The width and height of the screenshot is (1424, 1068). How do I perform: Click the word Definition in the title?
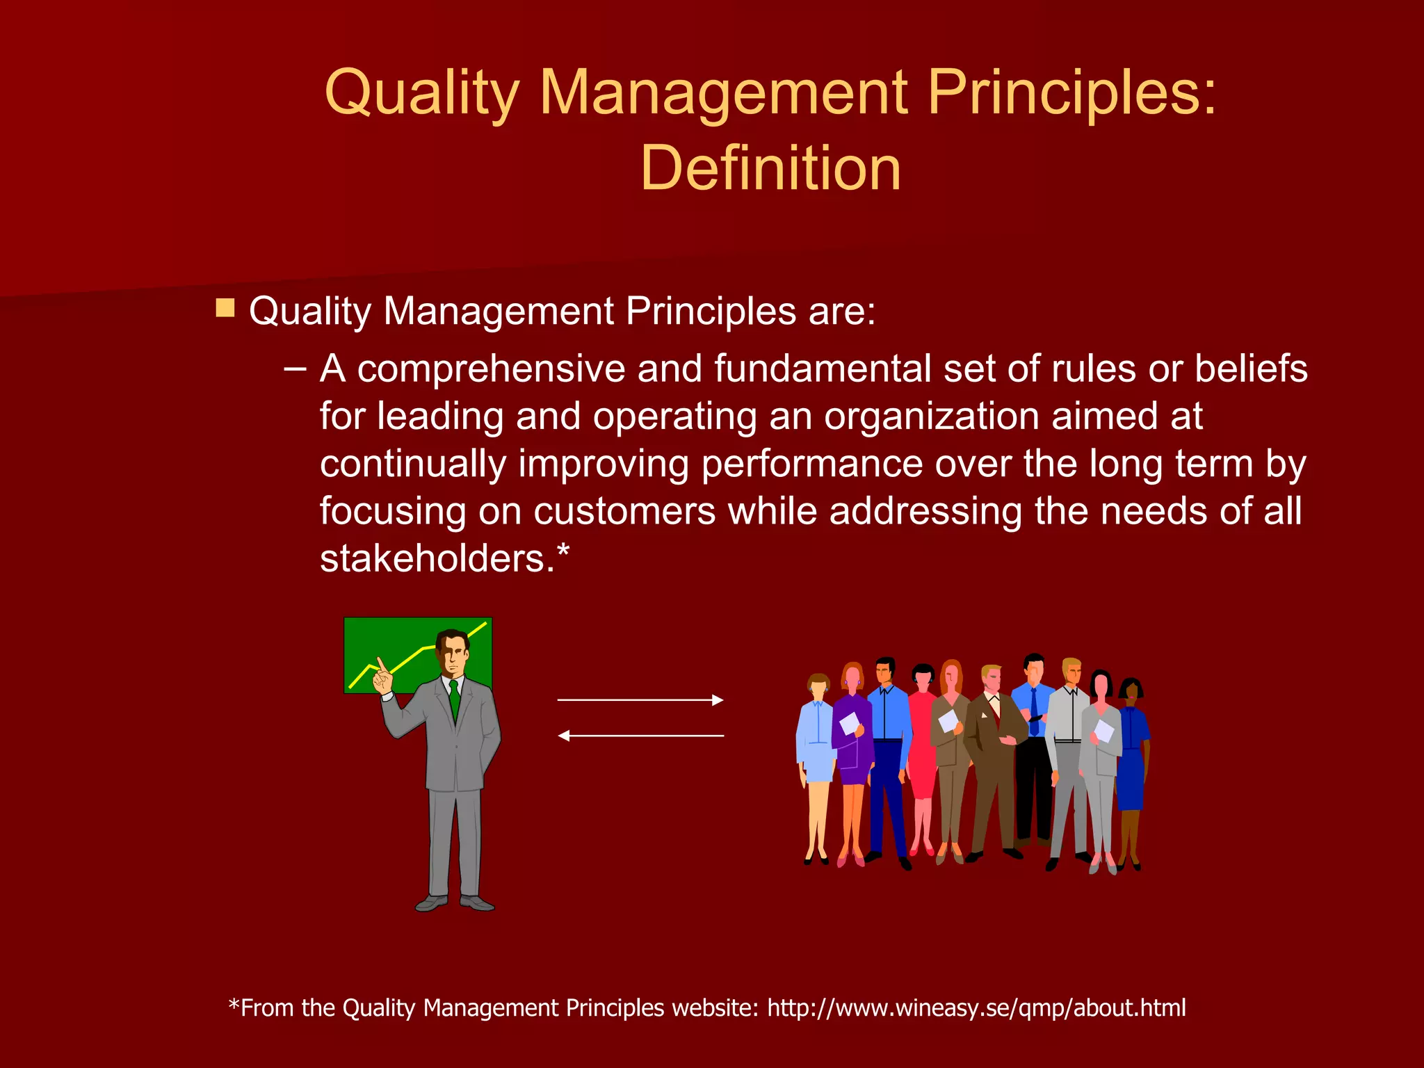point(770,168)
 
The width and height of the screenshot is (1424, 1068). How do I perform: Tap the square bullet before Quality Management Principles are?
point(225,308)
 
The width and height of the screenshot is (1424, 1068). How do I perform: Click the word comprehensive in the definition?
point(492,369)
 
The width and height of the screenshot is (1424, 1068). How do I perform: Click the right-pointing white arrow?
point(640,700)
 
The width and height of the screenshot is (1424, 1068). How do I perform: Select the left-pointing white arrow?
point(640,735)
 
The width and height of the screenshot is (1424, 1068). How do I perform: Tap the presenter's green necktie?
point(455,699)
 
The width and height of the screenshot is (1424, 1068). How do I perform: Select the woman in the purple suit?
point(853,744)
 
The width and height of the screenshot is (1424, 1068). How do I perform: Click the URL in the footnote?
point(976,1008)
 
